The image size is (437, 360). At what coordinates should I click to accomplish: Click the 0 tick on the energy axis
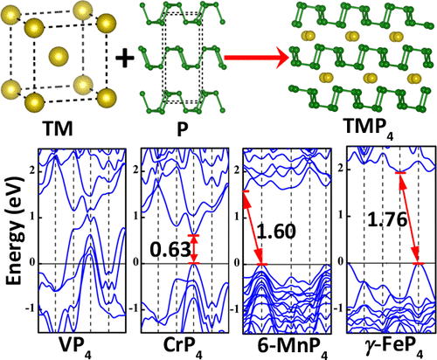tap(31, 263)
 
